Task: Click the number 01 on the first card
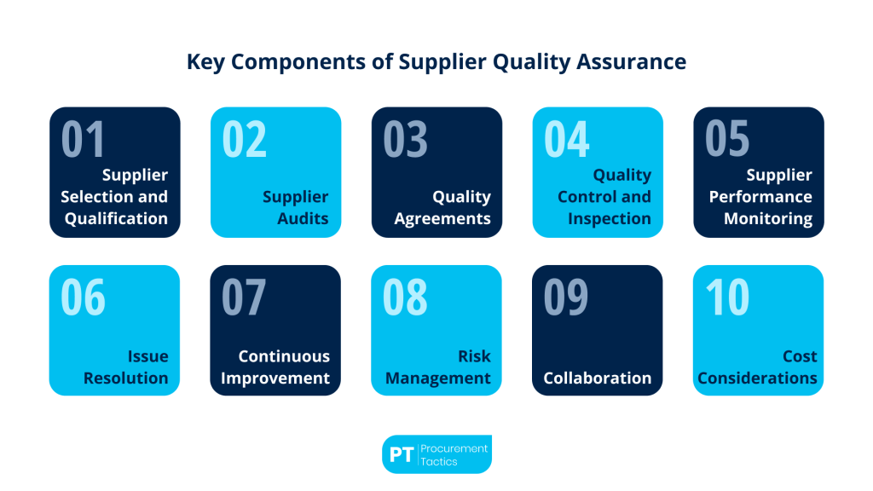click(x=83, y=139)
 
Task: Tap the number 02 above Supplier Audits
click(x=244, y=139)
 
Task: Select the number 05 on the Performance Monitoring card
click(x=726, y=139)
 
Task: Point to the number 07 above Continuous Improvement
click(x=244, y=297)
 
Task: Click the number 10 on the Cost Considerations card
click(x=726, y=297)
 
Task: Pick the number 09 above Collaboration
click(x=566, y=297)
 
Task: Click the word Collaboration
click(x=597, y=378)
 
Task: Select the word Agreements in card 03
click(x=442, y=218)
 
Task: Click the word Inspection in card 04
click(x=608, y=218)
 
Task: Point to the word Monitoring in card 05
click(x=768, y=218)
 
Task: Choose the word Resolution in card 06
click(x=125, y=378)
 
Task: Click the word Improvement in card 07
click(x=275, y=378)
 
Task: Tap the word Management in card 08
click(x=438, y=378)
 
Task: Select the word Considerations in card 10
click(x=757, y=378)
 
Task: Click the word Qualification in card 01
click(x=116, y=218)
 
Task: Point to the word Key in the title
click(x=204, y=62)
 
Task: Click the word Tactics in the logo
click(x=439, y=461)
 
